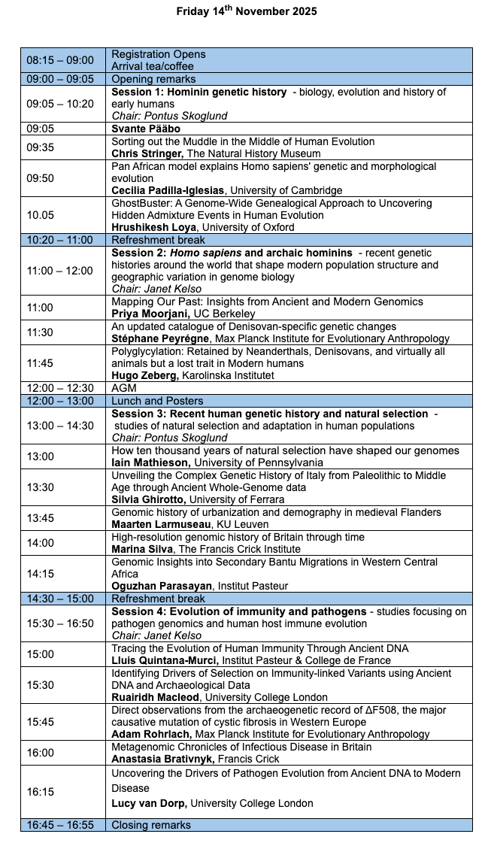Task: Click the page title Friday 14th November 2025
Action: click(247, 11)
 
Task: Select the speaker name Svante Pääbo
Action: click(146, 129)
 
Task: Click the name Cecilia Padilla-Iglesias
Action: click(169, 190)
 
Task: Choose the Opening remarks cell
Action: click(153, 79)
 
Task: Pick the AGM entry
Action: click(123, 388)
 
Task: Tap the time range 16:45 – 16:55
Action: click(60, 824)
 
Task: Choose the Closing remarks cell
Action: click(151, 824)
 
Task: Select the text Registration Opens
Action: click(159, 54)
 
